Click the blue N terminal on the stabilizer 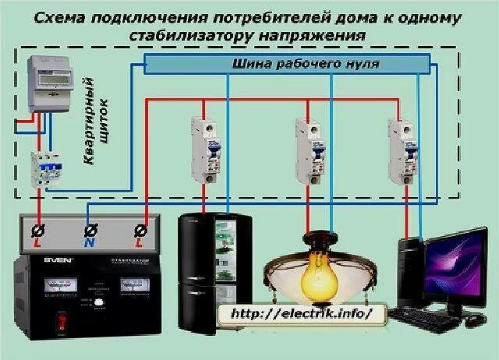click(90, 231)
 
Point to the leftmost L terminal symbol click(37, 231)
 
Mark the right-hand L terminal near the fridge click(141, 231)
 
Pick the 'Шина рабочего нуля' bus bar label click(305, 64)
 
